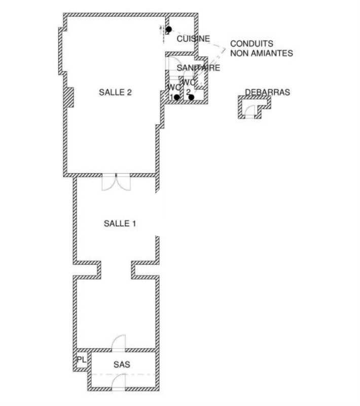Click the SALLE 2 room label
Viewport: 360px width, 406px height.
(x=115, y=92)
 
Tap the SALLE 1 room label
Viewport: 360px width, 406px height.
(x=120, y=223)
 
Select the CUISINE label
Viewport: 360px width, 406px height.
(x=193, y=39)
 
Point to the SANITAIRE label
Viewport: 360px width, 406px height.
(x=198, y=68)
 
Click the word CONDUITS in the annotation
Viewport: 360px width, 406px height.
(x=251, y=44)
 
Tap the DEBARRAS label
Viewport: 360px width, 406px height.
(x=267, y=92)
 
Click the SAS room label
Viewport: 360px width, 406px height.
(x=122, y=364)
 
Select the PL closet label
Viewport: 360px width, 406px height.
(x=81, y=360)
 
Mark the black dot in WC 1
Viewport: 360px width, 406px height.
(x=176, y=97)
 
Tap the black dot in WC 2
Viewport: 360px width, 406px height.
(x=191, y=97)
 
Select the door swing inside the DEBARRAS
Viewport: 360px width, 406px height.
(x=249, y=112)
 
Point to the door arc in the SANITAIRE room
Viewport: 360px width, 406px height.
(x=171, y=63)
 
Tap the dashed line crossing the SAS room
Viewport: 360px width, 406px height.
(x=122, y=375)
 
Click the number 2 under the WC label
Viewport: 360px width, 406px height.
(x=188, y=91)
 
